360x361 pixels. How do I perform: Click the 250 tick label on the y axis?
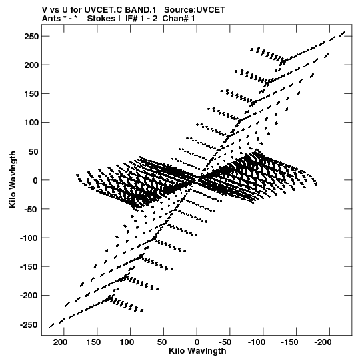pyautogui.click(x=31, y=37)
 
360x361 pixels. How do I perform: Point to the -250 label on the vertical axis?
pyautogui.click(x=29, y=325)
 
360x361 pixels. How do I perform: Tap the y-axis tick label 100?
pyautogui.click(x=31, y=123)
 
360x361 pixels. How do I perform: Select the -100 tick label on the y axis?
pyautogui.click(x=29, y=238)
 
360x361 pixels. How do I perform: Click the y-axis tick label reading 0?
pyautogui.click(x=35, y=180)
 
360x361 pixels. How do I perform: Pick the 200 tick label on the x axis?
pyautogui.click(x=61, y=342)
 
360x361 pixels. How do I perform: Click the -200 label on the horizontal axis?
pyautogui.click(x=323, y=342)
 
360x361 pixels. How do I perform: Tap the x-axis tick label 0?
pyautogui.click(x=197, y=342)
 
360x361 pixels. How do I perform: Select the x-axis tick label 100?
pyautogui.click(x=127, y=342)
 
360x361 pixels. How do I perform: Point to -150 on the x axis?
pyautogui.click(x=289, y=342)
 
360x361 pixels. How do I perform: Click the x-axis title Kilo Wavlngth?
pyautogui.click(x=197, y=351)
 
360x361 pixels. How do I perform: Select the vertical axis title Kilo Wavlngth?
pyautogui.click(x=13, y=179)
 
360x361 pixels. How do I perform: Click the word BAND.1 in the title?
pyautogui.click(x=140, y=10)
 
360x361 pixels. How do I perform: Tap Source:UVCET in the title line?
pyautogui.click(x=195, y=10)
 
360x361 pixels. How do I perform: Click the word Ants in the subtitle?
pyautogui.click(x=51, y=19)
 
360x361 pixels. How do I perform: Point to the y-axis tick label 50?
pyautogui.click(x=33, y=151)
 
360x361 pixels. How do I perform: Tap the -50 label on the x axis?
pyautogui.click(x=225, y=342)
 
